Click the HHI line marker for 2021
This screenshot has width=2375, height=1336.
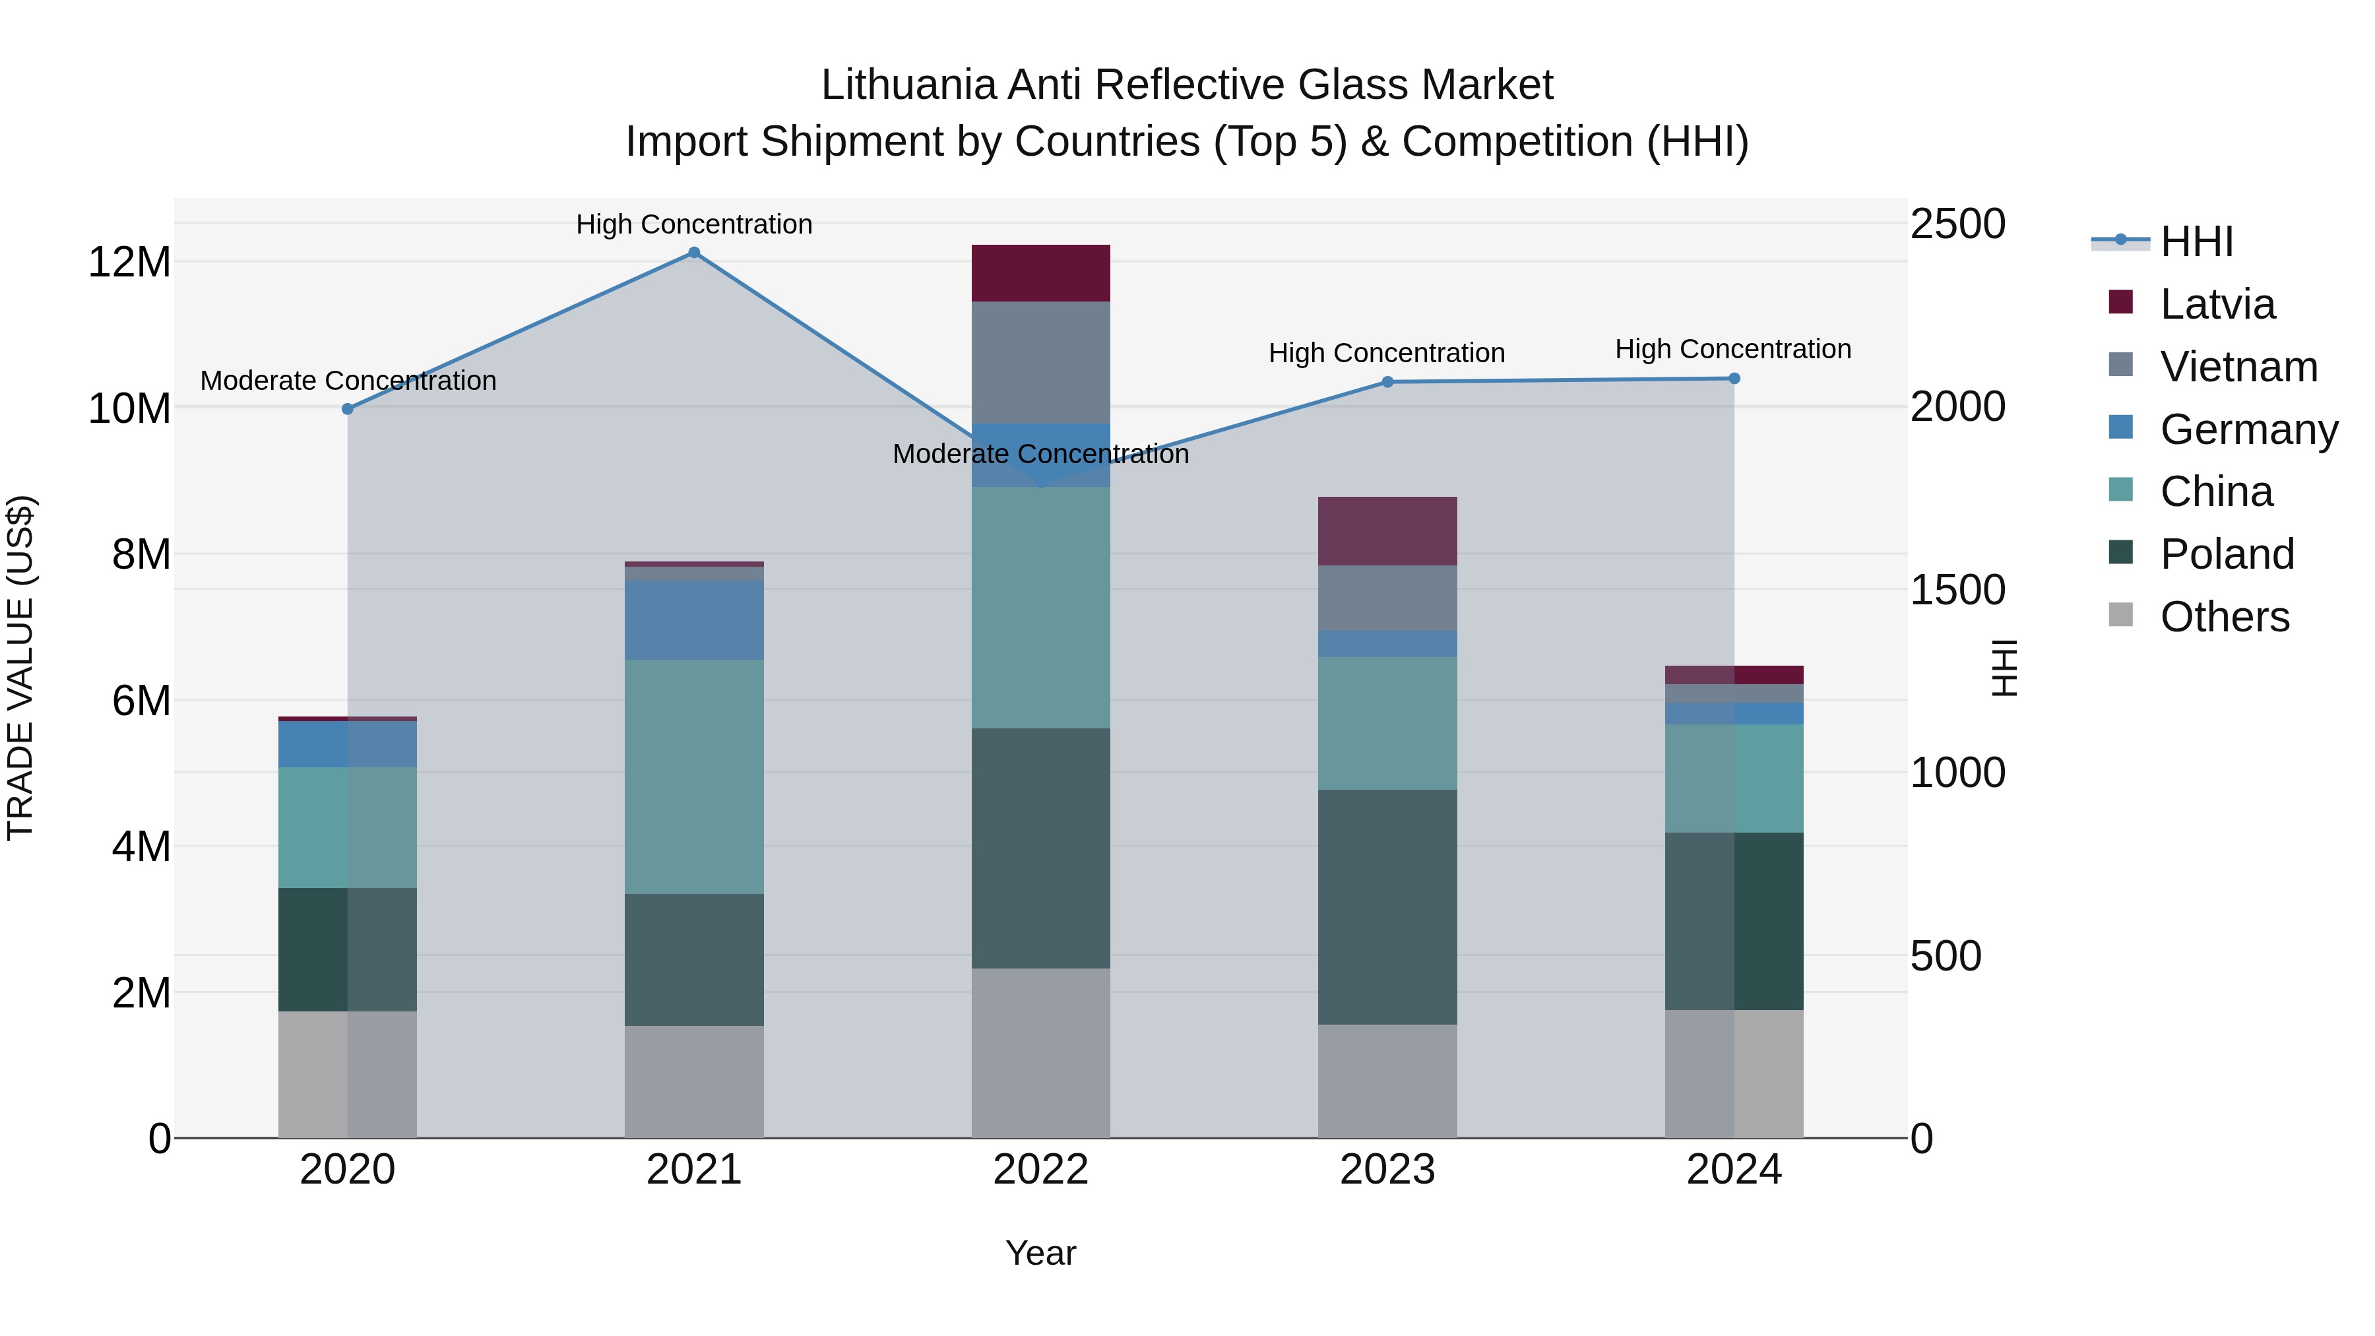coord(694,253)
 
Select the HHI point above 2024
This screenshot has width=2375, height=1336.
coord(1733,378)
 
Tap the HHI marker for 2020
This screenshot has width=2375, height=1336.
coord(348,408)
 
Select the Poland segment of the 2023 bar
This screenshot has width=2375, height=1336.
coord(1387,907)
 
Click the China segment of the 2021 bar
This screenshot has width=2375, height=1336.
coord(694,777)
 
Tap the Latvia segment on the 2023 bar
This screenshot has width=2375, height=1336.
coord(1387,531)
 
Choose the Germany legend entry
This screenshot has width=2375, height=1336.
coord(2248,429)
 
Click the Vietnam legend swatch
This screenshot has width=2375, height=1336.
coord(2120,365)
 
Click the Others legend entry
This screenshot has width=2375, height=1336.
coord(2224,617)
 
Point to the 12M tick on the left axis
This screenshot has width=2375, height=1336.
coord(129,263)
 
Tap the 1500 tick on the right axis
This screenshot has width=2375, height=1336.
coord(1957,590)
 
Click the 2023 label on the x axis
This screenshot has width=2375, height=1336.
coord(1387,1170)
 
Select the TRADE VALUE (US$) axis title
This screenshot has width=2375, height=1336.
coord(20,668)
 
